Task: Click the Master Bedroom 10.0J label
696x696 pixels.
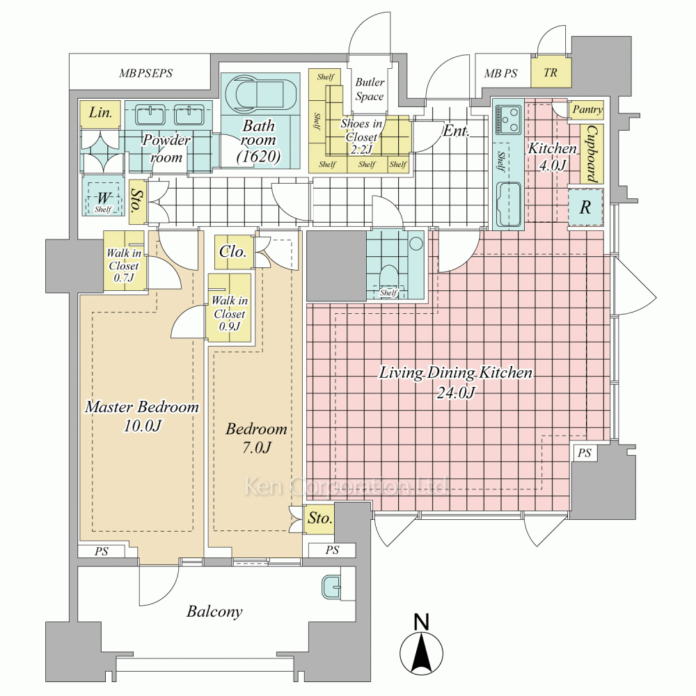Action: click(x=141, y=416)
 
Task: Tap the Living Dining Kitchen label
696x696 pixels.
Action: click(x=456, y=382)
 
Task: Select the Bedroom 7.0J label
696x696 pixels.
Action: click(x=256, y=438)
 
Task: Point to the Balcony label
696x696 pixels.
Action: click(x=214, y=612)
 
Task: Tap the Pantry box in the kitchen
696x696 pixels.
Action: click(x=587, y=110)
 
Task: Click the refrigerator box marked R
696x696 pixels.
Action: click(x=585, y=207)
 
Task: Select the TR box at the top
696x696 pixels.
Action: click(x=550, y=72)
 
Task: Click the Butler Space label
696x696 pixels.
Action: click(x=369, y=89)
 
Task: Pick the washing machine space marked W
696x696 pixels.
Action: click(x=102, y=198)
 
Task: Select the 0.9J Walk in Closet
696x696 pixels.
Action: click(x=229, y=306)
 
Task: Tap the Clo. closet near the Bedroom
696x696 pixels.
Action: click(x=232, y=252)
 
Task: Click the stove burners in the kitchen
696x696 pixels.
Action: click(x=508, y=118)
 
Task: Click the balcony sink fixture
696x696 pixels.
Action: click(x=332, y=588)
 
